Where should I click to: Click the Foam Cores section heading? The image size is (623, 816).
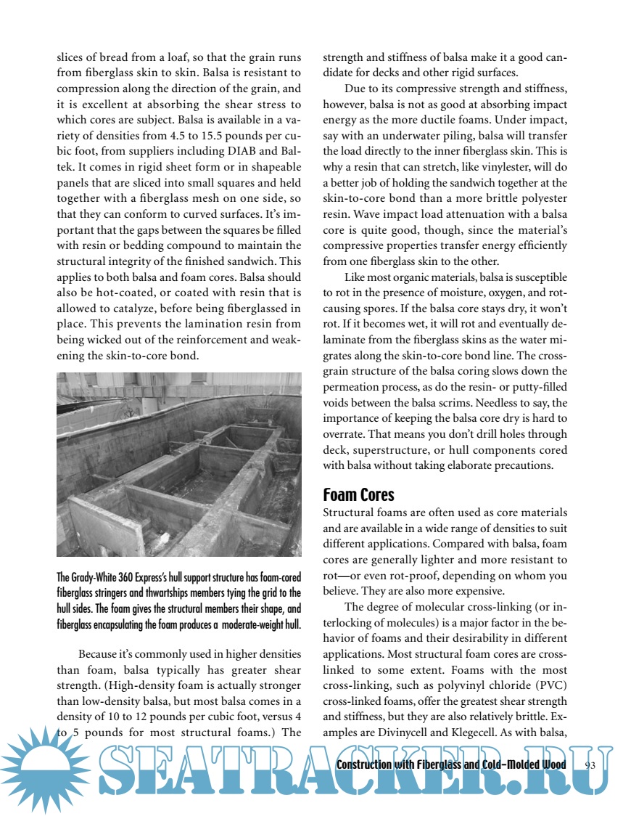click(358, 495)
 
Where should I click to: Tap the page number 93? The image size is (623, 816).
click(589, 764)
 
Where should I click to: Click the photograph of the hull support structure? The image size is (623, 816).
click(178, 464)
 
